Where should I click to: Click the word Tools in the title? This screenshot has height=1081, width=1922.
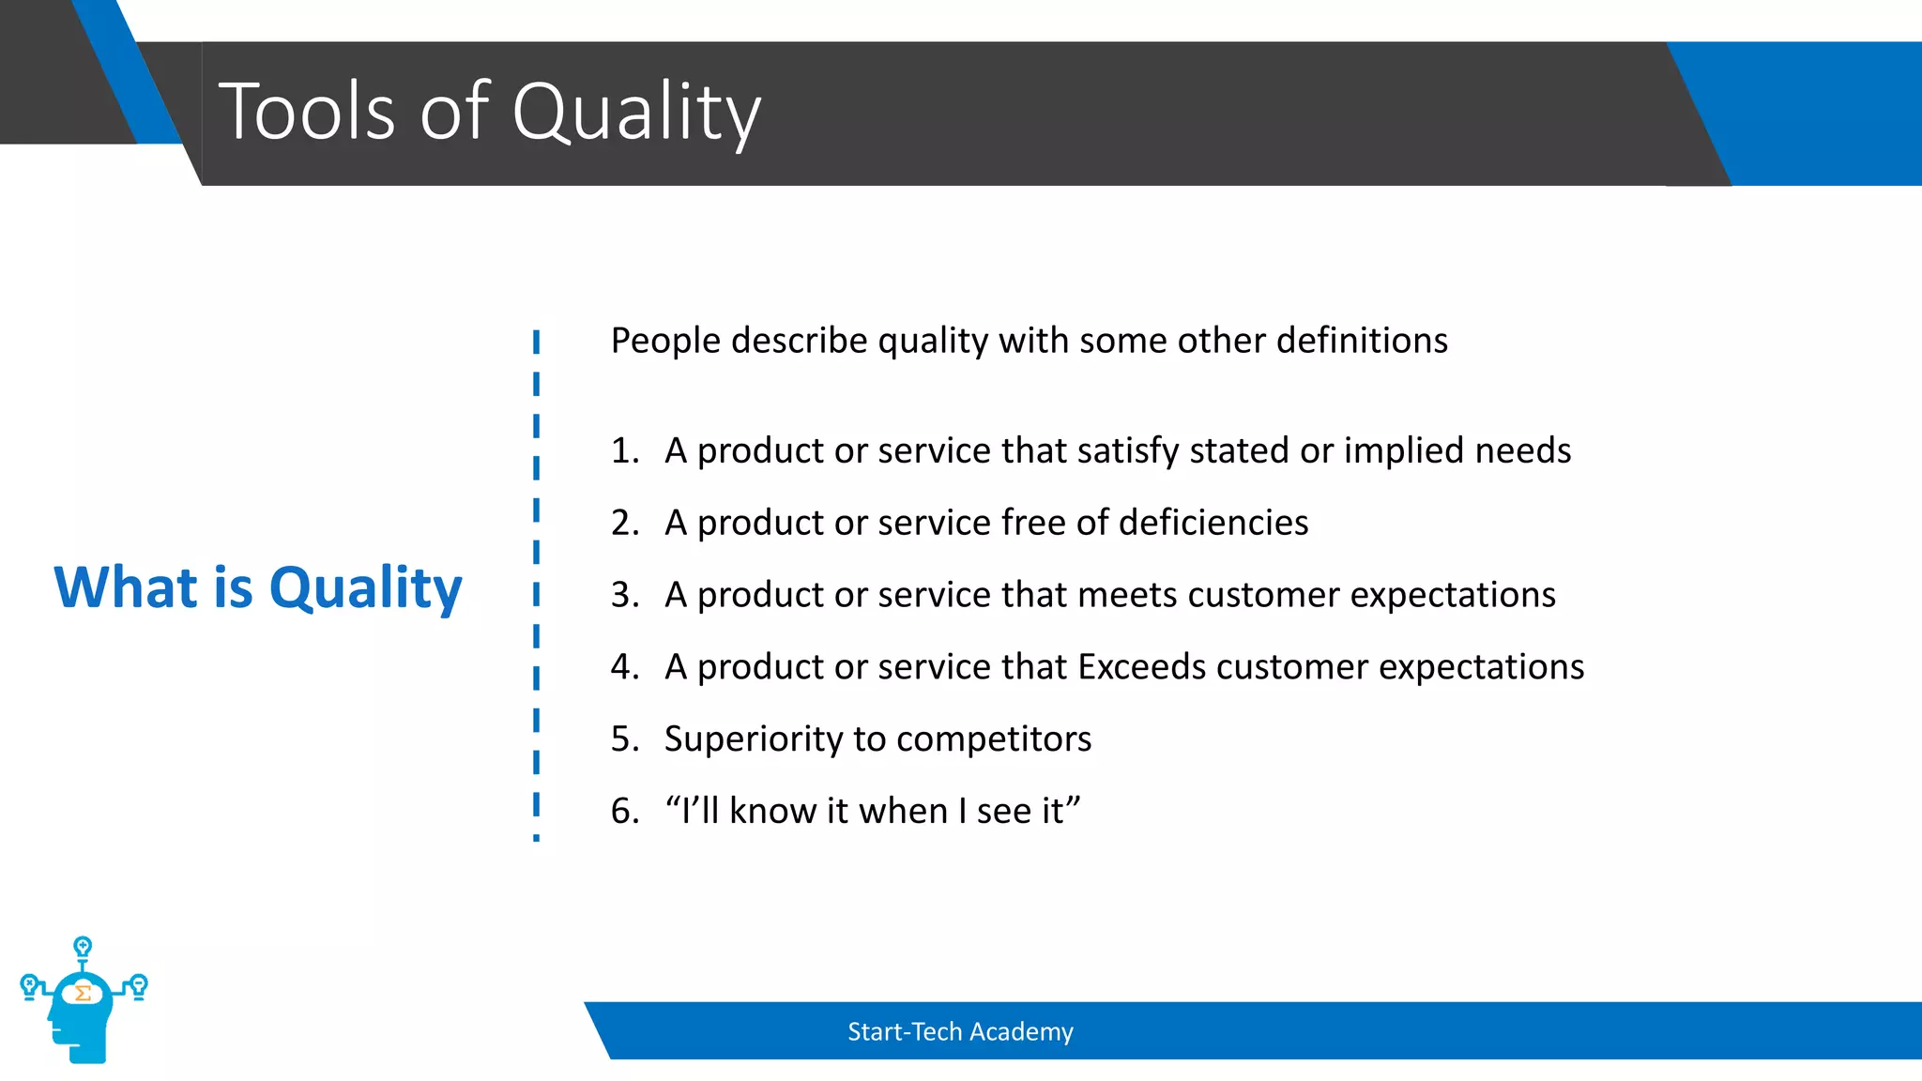tap(307, 112)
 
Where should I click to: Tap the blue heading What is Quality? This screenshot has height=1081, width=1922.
tap(258, 588)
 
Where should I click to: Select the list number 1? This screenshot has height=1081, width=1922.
tap(623, 451)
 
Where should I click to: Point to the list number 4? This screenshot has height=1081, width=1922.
tap(623, 667)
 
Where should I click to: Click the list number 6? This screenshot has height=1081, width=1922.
tap(623, 812)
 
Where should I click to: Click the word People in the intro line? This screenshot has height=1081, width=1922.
tap(665, 341)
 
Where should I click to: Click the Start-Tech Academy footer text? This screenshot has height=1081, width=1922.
tap(959, 1032)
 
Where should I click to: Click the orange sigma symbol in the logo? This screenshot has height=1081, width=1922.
tap(83, 993)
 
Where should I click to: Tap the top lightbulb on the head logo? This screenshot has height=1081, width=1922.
tap(83, 946)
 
